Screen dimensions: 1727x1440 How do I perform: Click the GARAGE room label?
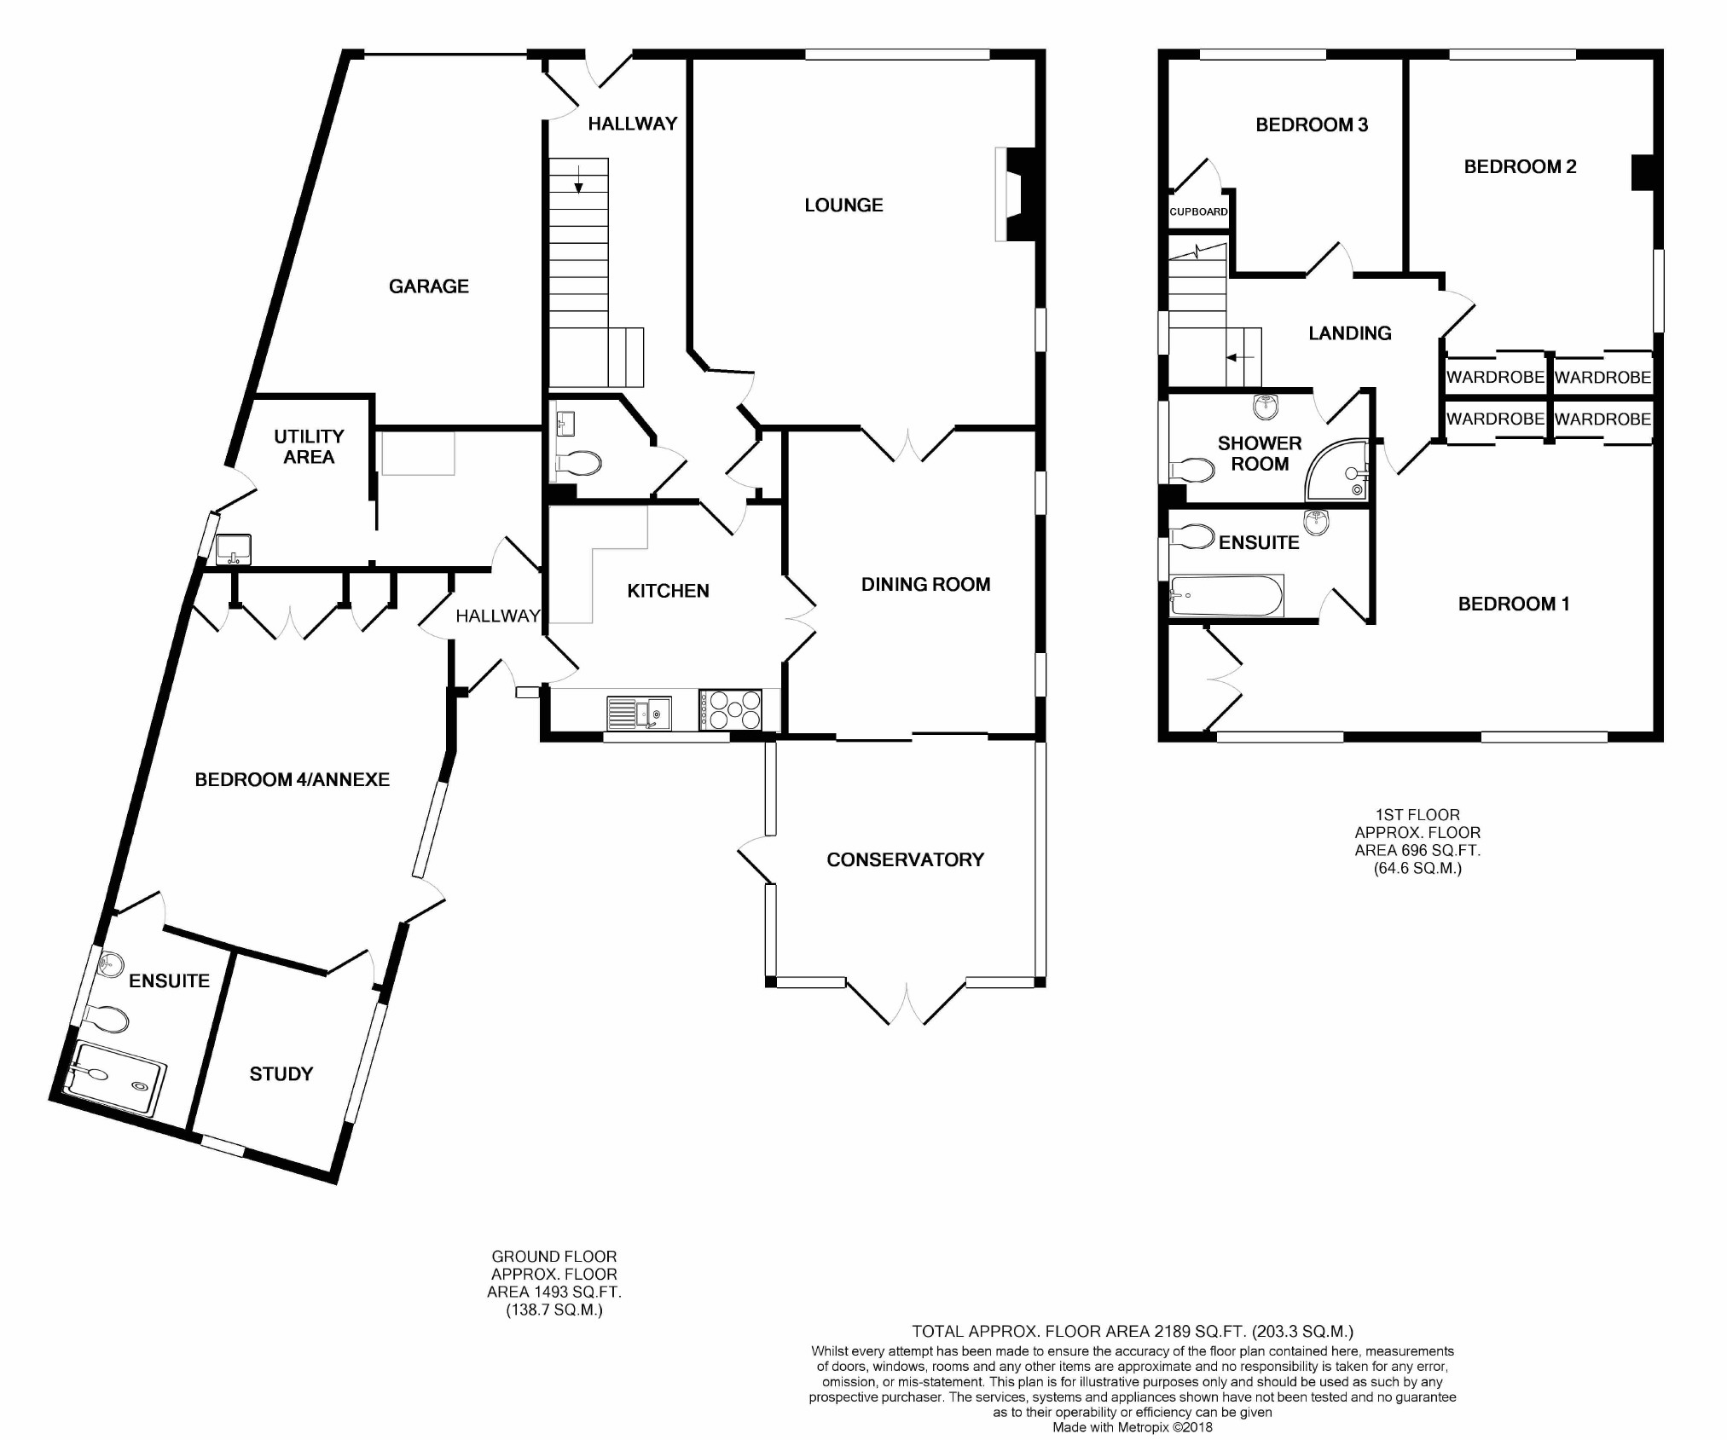pos(429,286)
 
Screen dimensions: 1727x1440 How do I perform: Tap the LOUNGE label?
pos(843,205)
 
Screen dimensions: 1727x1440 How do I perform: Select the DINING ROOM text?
pos(925,585)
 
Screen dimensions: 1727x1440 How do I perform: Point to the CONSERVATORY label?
pos(905,859)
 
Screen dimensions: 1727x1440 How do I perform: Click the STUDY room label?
pos(281,1074)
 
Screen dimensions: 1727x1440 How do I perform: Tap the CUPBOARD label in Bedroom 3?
pos(1198,211)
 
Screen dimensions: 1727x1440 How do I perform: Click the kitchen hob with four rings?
pos(730,710)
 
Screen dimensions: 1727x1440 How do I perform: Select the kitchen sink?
pos(639,714)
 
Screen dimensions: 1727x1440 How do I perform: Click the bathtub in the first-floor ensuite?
pos(1226,596)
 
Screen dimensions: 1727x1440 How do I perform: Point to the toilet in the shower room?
pos(1193,470)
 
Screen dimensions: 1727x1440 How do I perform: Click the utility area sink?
pos(233,549)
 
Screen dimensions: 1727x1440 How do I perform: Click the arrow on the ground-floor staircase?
pos(579,178)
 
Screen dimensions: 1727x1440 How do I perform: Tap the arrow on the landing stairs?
pos(1240,358)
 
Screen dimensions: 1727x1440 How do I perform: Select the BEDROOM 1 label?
pos(1514,604)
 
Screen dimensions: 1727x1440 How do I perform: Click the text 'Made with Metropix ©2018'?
pos(1133,1427)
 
